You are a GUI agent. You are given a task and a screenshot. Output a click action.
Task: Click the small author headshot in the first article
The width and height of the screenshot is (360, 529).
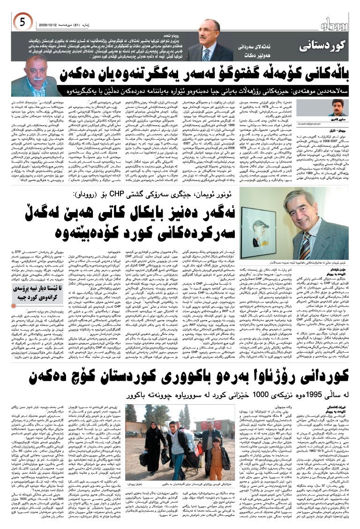[336, 108]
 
